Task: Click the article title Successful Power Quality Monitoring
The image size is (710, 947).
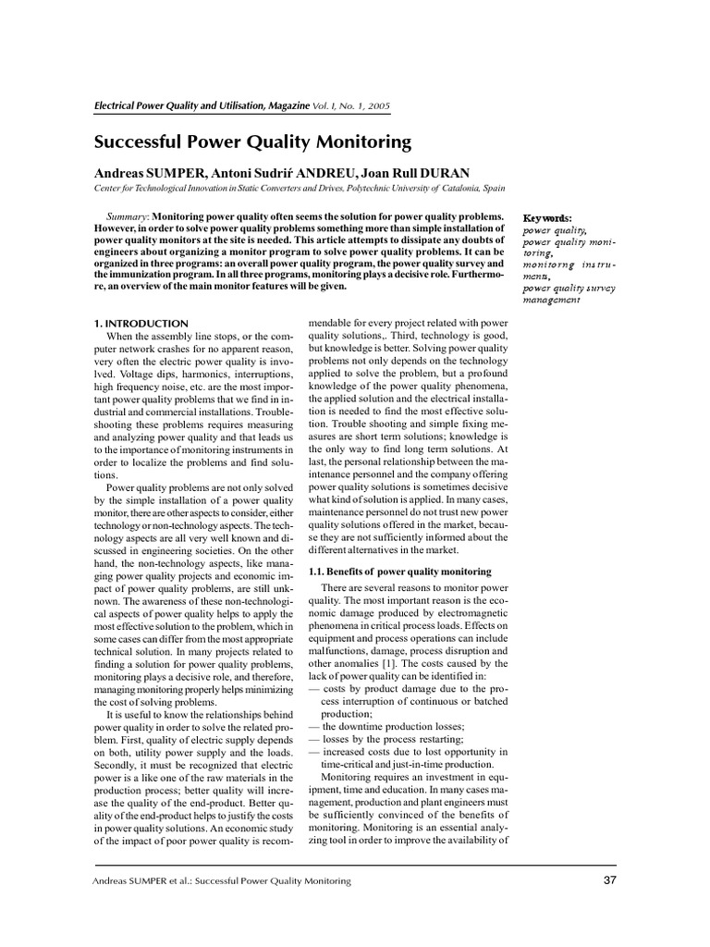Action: [x=252, y=142]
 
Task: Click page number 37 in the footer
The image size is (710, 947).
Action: [x=609, y=880]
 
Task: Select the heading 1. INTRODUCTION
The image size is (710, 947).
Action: [x=135, y=323]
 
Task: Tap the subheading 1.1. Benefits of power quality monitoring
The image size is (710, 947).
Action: [x=399, y=572]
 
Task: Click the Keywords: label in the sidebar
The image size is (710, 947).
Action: [x=547, y=217]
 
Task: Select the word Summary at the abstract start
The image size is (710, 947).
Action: [x=128, y=215]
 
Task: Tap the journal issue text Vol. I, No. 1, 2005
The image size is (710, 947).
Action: [x=350, y=107]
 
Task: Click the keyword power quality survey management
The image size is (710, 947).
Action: [x=569, y=293]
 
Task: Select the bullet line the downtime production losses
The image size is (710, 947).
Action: [x=393, y=726]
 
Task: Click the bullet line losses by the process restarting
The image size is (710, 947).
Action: [x=387, y=739]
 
